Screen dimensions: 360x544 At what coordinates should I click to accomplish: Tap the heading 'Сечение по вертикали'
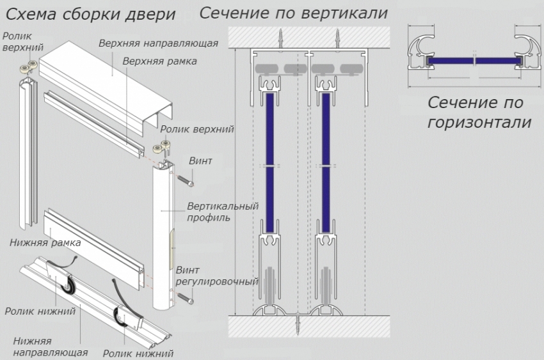click(294, 13)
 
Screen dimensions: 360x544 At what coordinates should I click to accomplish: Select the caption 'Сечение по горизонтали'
click(479, 112)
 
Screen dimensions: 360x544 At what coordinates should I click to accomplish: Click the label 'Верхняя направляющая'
click(159, 43)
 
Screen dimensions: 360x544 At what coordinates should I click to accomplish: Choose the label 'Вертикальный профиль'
click(222, 212)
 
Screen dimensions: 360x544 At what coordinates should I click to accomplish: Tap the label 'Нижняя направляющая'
click(50, 347)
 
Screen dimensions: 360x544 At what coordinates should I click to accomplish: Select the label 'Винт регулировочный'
click(216, 276)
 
